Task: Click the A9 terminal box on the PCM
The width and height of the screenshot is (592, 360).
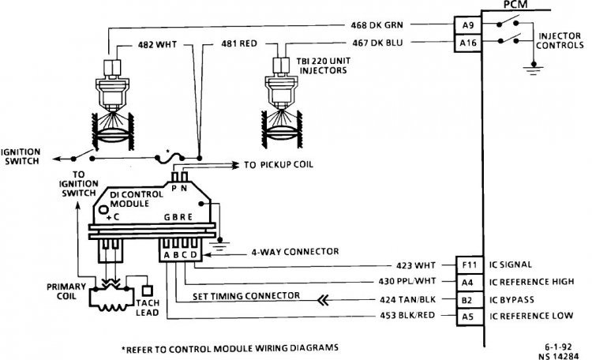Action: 467,25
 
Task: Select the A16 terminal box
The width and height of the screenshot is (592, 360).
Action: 467,43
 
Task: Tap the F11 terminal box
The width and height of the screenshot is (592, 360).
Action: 470,264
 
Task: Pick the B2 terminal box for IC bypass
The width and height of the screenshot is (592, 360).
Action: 470,300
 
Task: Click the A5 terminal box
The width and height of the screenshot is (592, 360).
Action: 470,317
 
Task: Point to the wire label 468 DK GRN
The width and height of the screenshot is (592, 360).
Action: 377,25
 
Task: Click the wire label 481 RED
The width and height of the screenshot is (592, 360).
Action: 239,44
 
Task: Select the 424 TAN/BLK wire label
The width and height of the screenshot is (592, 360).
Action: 407,299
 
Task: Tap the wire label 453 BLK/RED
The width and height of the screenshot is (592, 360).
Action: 407,315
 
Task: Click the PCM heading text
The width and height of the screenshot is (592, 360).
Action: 515,5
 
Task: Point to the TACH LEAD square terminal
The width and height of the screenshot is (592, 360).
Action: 147,291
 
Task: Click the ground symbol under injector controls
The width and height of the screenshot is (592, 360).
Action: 533,70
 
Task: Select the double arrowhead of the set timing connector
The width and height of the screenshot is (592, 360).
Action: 323,300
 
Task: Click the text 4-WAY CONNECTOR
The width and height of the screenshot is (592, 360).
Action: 295,252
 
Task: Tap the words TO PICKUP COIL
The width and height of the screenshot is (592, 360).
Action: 279,165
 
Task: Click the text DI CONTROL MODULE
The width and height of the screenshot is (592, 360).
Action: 137,199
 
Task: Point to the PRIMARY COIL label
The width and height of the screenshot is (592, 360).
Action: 66,291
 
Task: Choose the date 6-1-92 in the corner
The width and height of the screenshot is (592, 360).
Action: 558,347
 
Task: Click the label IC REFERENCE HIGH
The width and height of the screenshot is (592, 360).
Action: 531,282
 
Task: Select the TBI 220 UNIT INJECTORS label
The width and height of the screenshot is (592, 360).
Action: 323,66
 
